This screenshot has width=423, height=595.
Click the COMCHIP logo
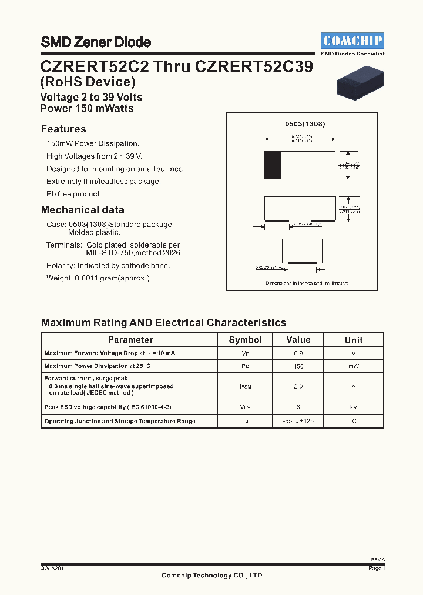click(353, 41)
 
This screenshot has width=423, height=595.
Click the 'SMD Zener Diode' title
click(96, 42)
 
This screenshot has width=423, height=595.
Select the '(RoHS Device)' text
click(88, 82)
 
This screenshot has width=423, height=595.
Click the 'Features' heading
click(63, 129)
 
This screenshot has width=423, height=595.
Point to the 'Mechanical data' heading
click(83, 210)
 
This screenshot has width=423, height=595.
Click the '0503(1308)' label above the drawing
click(305, 125)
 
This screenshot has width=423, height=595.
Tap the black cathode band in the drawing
click(273, 165)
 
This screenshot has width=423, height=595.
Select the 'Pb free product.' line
click(74, 194)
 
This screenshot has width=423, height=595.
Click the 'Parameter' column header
click(130, 340)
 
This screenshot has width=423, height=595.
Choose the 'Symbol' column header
click(246, 340)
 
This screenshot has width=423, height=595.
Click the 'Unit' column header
click(354, 340)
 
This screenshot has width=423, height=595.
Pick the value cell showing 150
click(298, 366)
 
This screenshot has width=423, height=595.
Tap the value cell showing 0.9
click(298, 353)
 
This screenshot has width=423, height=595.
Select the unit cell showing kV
click(354, 407)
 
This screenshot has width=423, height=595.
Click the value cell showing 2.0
click(298, 386)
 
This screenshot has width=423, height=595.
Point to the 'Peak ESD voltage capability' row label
click(108, 407)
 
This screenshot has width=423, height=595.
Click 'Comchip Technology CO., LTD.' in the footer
click(213, 576)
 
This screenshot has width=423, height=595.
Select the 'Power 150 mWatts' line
click(87, 108)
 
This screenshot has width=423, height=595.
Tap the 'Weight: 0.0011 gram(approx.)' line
click(99, 278)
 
